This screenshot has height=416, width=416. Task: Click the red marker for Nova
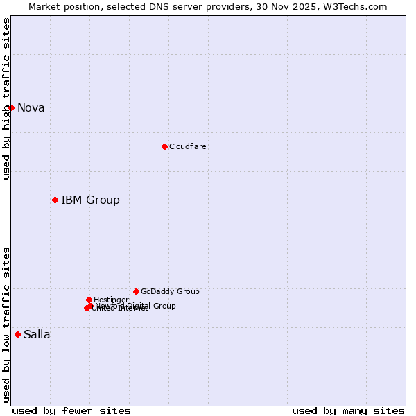[11, 107]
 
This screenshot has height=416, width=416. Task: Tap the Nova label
[31, 107]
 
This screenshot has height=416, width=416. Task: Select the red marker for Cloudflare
[164, 146]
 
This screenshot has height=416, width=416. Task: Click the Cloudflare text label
[188, 146]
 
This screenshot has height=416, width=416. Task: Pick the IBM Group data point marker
[55, 200]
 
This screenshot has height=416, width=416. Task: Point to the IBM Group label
[90, 200]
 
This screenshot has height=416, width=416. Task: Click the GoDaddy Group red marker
[136, 291]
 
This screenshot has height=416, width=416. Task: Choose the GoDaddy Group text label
[170, 291]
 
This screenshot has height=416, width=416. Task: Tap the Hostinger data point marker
[89, 300]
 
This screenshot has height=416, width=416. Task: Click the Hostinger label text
[111, 300]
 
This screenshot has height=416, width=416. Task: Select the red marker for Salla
[17, 334]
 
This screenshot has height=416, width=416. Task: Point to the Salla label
[37, 335]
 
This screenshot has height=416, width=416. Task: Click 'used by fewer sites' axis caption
[71, 410]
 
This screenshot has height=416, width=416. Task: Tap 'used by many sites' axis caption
[348, 410]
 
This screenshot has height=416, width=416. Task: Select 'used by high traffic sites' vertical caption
[6, 98]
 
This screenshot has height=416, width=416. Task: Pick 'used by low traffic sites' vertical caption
[6, 324]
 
